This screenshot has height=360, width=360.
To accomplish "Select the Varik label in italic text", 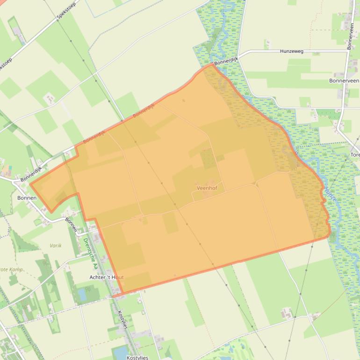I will [56, 245].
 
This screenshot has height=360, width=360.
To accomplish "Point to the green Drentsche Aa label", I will [89, 252].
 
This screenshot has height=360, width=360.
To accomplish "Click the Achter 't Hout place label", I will [107, 277].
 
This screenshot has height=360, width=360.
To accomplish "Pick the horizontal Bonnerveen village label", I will [344, 81].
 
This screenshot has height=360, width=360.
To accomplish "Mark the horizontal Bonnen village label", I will [27, 198].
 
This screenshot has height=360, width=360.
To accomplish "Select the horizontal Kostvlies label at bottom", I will [137, 357].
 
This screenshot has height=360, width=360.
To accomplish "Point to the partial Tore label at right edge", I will [355, 155].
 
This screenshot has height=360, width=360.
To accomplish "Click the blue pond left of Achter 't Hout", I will [83, 294].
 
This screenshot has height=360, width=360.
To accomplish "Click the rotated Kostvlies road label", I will [122, 320].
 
